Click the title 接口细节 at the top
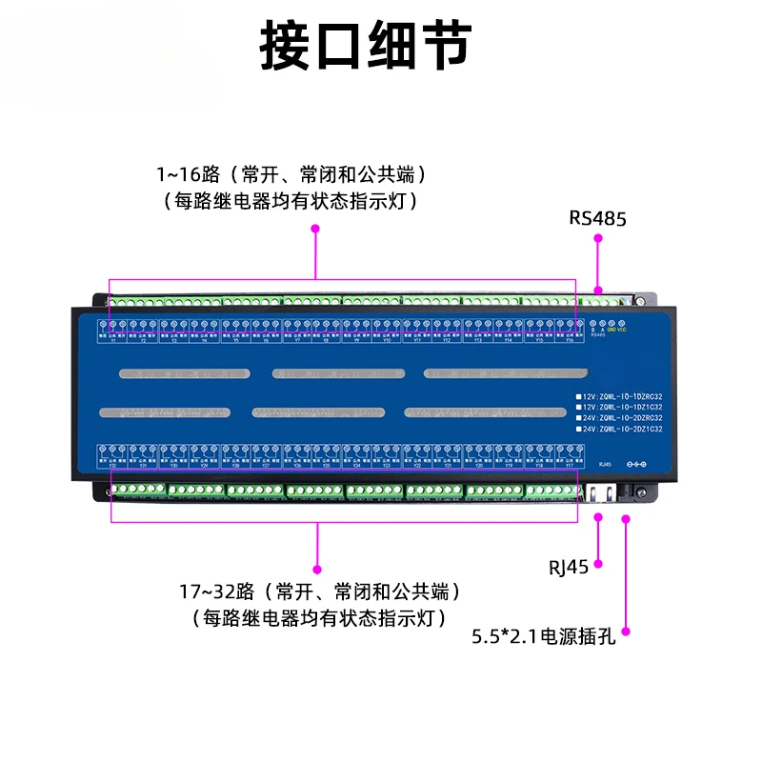pyautogui.click(x=366, y=45)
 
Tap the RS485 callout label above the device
pyautogui.click(x=597, y=217)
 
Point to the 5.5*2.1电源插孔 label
pyautogui.click(x=544, y=636)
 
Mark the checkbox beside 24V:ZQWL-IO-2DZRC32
pyautogui.click(x=577, y=418)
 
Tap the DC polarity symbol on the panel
pyautogui.click(x=635, y=464)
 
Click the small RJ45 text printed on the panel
pyautogui.click(x=604, y=465)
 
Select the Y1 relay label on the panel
pyautogui.click(x=112, y=341)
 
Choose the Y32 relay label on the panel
pyautogui.click(x=112, y=467)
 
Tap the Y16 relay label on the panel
pyautogui.click(x=570, y=341)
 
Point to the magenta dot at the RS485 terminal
pyautogui.click(x=598, y=290)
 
